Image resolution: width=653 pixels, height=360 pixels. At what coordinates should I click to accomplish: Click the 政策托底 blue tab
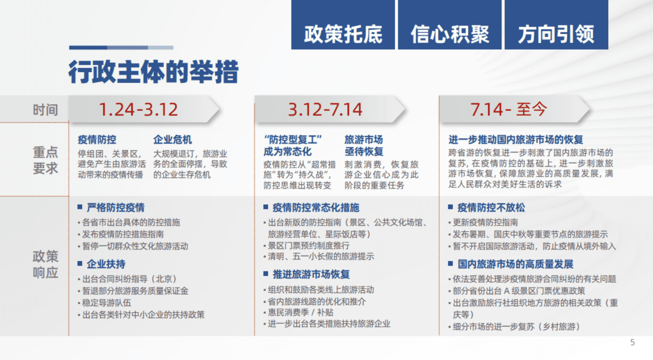click(x=343, y=34)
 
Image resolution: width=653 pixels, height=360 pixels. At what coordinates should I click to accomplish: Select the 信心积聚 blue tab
click(x=450, y=34)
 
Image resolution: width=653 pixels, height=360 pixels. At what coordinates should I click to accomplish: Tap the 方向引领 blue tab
click(x=556, y=34)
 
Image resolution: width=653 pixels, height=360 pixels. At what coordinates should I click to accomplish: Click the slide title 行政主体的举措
click(x=153, y=72)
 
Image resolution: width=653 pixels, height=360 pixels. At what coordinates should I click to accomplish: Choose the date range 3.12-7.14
click(x=325, y=110)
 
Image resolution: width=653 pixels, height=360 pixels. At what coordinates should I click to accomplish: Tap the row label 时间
click(x=45, y=110)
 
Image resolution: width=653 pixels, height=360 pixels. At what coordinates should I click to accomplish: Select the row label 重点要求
click(x=45, y=161)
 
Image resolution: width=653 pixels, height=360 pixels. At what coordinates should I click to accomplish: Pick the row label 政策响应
click(x=45, y=264)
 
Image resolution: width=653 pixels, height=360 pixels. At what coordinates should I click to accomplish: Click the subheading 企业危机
click(x=173, y=140)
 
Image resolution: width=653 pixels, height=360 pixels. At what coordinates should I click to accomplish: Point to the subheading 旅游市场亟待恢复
click(x=364, y=146)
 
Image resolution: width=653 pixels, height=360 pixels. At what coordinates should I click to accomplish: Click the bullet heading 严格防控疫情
click(x=115, y=208)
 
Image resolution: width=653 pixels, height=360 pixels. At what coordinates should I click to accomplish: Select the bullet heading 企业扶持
click(x=106, y=264)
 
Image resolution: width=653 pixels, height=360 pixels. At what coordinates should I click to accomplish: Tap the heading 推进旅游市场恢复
click(x=311, y=275)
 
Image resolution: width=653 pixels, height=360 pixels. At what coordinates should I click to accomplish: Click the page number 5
click(x=632, y=343)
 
